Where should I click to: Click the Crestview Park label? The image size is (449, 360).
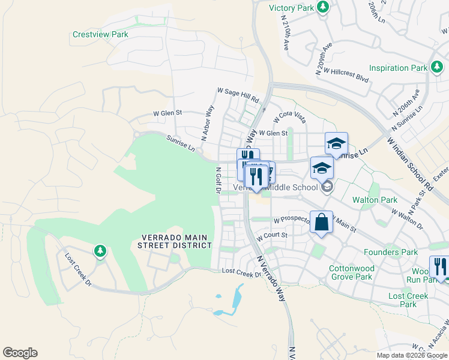coord(100,35)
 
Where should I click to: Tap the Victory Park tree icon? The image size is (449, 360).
coord(324,7)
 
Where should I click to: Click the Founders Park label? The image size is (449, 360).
coord(391,253)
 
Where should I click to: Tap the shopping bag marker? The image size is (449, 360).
coord(321,222)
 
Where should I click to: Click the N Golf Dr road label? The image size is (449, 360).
coord(218,181)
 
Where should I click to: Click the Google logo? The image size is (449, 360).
coord(20,353)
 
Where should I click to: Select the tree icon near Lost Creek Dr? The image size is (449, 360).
coord(100,250)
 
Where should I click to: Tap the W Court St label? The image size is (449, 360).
coord(272,236)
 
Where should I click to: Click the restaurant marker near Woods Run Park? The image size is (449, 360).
coord(440,266)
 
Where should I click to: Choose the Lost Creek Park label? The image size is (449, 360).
coord(408,300)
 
